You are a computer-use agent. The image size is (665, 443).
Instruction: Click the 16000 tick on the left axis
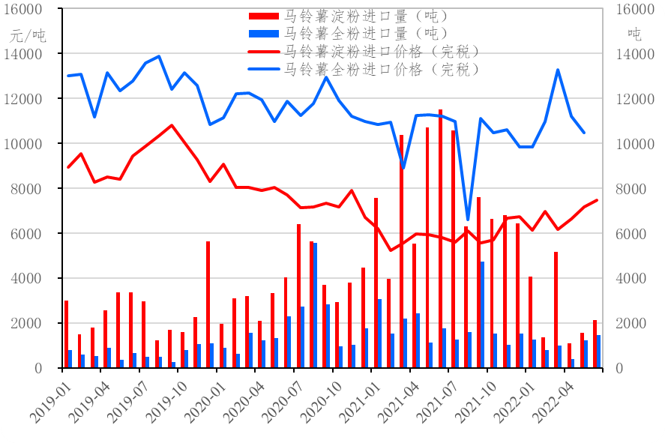[x=26, y=10]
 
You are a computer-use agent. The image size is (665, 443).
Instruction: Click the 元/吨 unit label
[x=28, y=34]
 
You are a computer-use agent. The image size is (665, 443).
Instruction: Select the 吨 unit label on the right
[x=634, y=34]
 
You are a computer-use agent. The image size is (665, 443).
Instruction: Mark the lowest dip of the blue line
[x=468, y=220]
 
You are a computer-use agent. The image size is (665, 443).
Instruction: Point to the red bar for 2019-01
[x=66, y=334]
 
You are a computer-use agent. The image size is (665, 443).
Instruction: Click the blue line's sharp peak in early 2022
[x=558, y=70]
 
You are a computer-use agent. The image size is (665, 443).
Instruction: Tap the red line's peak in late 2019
[x=172, y=125]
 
